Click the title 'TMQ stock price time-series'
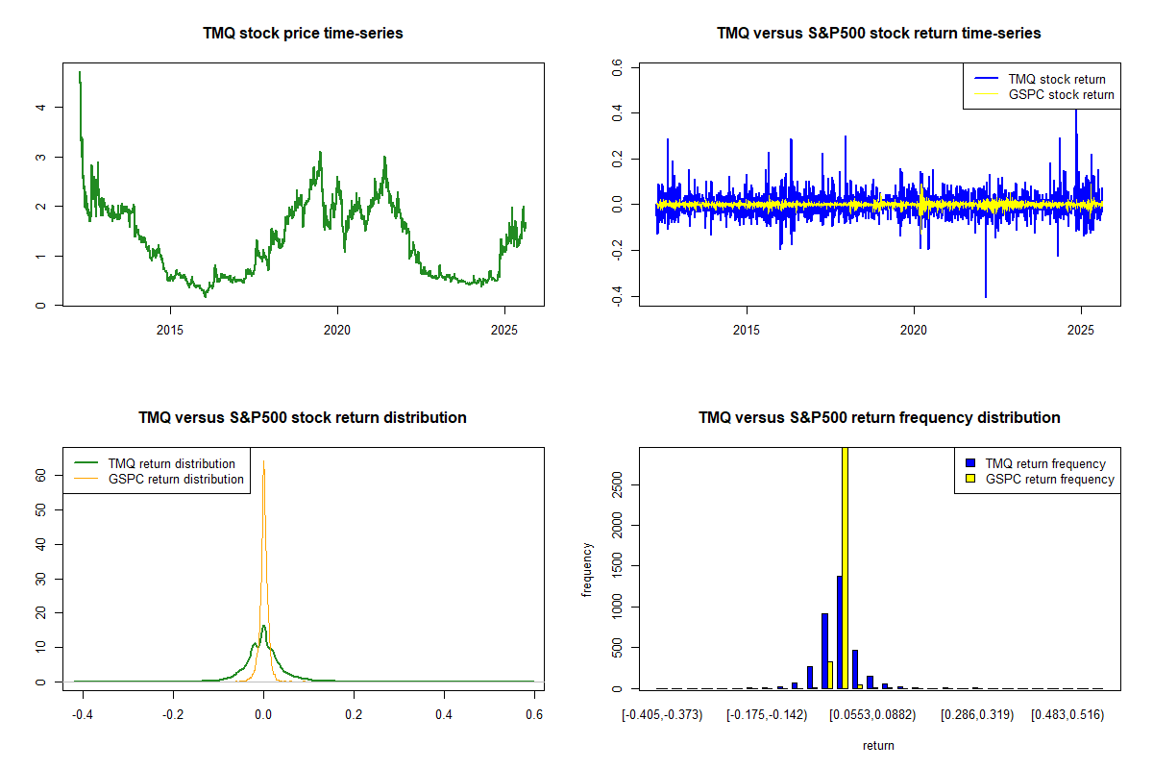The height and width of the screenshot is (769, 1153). (x=303, y=33)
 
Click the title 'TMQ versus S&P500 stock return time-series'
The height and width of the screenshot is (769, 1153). (x=878, y=33)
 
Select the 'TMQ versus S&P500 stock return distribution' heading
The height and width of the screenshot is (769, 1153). (x=303, y=417)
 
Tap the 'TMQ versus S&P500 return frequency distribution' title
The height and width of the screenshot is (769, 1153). (x=878, y=417)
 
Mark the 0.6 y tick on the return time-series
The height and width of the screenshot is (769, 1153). (x=617, y=68)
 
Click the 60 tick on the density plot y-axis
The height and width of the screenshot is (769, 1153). (x=40, y=474)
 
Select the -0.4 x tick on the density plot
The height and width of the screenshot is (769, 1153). (x=83, y=715)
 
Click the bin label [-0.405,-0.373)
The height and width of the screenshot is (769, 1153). (x=663, y=715)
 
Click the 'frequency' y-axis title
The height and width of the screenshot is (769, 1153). (x=587, y=570)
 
